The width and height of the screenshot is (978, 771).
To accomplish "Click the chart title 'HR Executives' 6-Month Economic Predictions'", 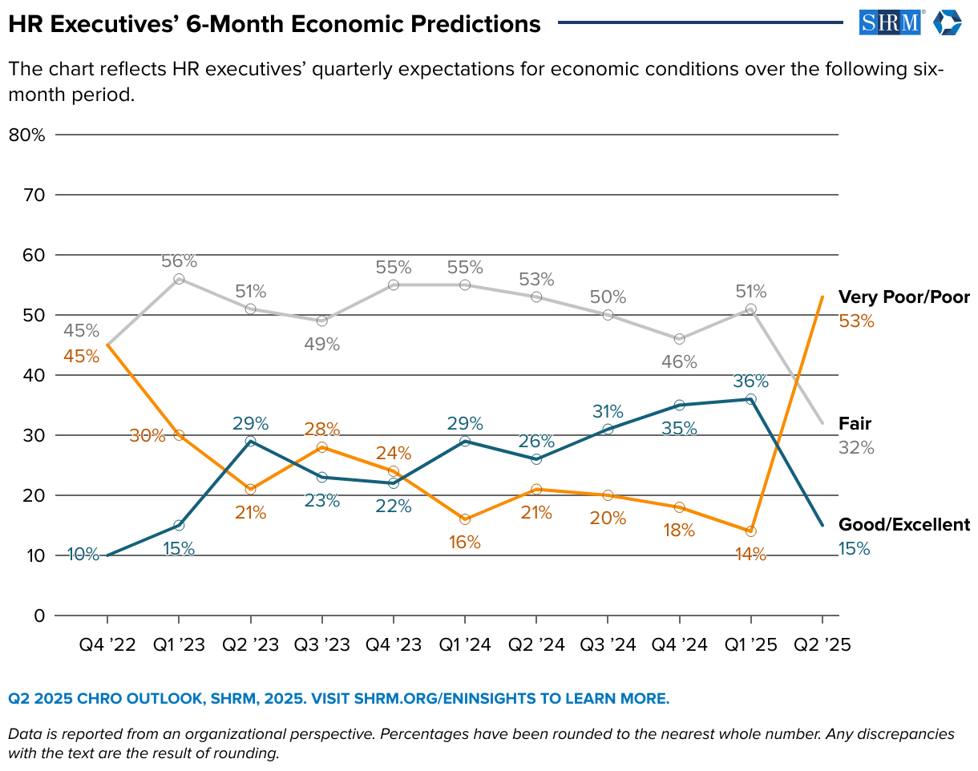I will (274, 24).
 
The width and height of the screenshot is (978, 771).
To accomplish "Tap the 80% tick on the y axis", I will (26, 135).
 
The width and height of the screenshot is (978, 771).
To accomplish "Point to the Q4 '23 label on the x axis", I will (394, 644).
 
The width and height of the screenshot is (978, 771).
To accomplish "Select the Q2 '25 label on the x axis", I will (822, 644).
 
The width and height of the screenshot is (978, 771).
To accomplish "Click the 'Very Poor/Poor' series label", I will (903, 298).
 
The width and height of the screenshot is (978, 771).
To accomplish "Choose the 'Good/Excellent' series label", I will (903, 525).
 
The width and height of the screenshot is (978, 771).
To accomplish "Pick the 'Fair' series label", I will (855, 423).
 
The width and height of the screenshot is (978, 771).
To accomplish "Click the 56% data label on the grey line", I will (179, 260).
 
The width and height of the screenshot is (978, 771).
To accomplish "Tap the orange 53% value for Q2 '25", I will (856, 321).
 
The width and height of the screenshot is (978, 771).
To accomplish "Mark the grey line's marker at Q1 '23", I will (179, 279).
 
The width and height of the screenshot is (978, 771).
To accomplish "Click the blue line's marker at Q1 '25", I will (750, 399).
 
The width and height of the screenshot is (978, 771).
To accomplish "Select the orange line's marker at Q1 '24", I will (465, 519).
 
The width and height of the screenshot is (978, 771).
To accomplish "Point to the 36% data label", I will (750, 381).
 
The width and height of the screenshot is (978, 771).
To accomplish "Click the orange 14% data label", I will (750, 554).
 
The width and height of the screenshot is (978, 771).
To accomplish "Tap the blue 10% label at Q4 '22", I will (83, 554).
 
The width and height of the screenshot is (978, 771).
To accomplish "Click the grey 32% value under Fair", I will (856, 448).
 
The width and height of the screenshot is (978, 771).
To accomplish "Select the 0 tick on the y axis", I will (38, 616).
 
